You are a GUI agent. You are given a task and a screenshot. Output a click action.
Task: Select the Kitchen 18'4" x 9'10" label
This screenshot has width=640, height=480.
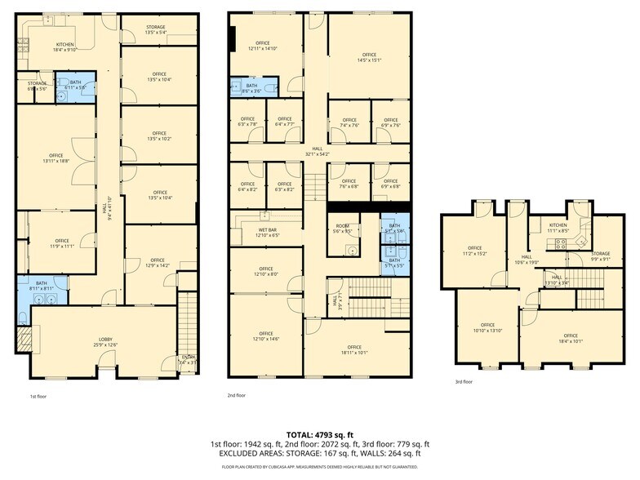[64, 47]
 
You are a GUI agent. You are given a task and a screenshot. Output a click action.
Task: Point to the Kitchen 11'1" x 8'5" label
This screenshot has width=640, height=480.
[558, 228]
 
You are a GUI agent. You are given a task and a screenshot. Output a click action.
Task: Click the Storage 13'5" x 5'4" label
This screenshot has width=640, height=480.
[155, 30]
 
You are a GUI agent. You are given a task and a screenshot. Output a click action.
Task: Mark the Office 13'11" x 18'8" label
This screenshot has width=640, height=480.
[56, 158]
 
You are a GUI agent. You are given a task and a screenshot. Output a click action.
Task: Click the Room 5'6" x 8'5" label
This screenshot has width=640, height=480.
[342, 229]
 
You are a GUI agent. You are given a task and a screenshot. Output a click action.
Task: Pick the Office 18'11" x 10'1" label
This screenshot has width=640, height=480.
[353, 350]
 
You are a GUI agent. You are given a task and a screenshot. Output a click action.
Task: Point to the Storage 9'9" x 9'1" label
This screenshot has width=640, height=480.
[600, 257]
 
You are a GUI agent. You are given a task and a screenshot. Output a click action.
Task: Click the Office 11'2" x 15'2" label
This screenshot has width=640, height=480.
[474, 251]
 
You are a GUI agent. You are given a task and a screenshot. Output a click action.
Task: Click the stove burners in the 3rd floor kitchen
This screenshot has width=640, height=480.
[561, 242]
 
